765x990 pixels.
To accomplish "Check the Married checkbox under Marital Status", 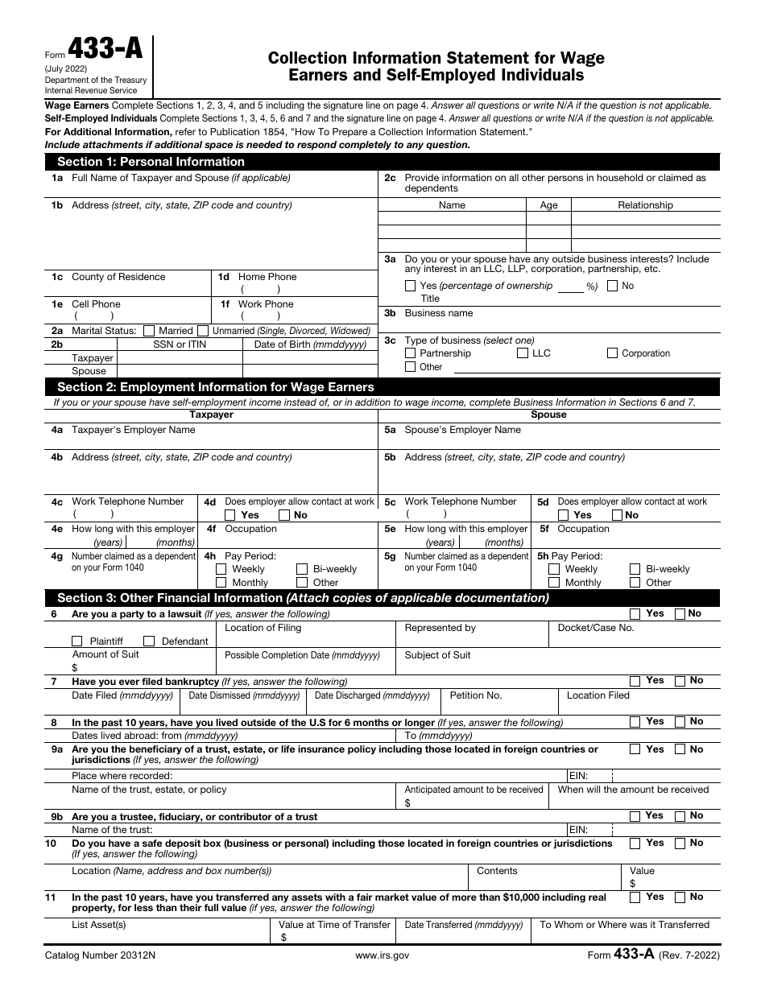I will pyautogui.click(x=149, y=331).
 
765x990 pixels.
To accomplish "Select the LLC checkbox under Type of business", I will pyautogui.click(x=523, y=353).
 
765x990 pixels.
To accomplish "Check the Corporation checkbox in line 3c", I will pyautogui.click(x=612, y=353).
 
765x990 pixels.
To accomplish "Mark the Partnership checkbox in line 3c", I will pyautogui.click(x=411, y=353).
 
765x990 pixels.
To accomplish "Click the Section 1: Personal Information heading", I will pyautogui.click(x=151, y=162).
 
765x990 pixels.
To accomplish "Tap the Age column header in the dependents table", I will pyautogui.click(x=548, y=205).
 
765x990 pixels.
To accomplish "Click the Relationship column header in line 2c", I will pyautogui.click(x=645, y=205).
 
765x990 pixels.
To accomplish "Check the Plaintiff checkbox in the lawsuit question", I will pyautogui.click(x=77, y=641).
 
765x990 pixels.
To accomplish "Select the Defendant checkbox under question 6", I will pyautogui.click(x=149, y=641).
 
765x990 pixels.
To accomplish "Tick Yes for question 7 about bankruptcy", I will pyautogui.click(x=635, y=681).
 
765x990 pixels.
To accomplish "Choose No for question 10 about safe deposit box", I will pyautogui.click(x=680, y=844).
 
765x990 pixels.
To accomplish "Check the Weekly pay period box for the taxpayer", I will pyautogui.click(x=221, y=569).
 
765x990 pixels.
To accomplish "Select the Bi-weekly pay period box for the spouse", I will pyautogui.click(x=635, y=569).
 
